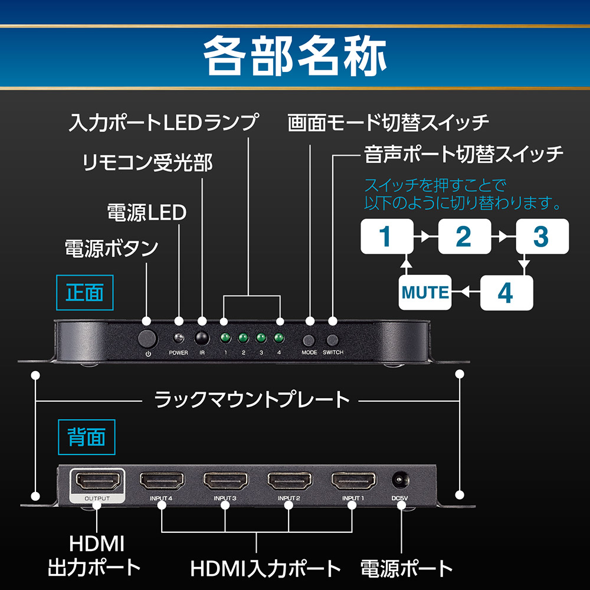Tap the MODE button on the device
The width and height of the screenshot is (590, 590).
pos(309,340)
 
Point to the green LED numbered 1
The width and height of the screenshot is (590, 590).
pos(225,338)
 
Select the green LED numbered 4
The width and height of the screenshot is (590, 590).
pos(278,338)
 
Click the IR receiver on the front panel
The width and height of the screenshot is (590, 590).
pos(202,338)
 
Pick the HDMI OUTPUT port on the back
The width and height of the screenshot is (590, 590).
pos(97,482)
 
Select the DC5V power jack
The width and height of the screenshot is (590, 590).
pos(401,481)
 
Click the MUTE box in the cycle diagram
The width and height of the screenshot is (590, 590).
pos(425,292)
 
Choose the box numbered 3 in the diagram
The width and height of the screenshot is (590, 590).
pos(541,237)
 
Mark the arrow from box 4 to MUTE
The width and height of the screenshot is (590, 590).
pos(466,292)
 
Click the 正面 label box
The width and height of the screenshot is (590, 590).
pos(84,293)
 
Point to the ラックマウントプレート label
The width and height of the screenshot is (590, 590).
pos(252,400)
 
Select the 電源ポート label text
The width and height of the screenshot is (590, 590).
pos(407,568)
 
